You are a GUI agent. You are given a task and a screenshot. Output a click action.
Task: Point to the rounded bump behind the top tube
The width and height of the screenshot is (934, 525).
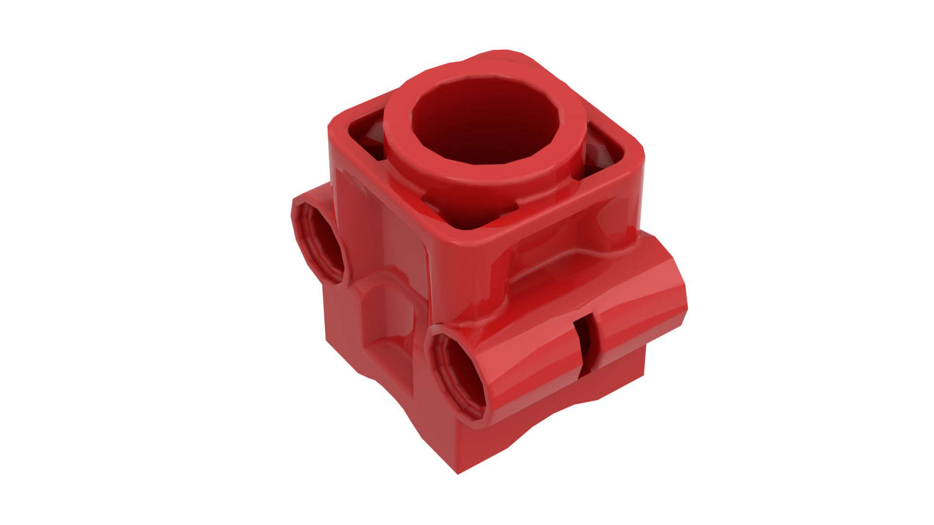(x=506, y=56)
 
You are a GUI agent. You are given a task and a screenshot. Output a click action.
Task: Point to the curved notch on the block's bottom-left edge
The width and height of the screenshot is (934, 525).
(x=389, y=394)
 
